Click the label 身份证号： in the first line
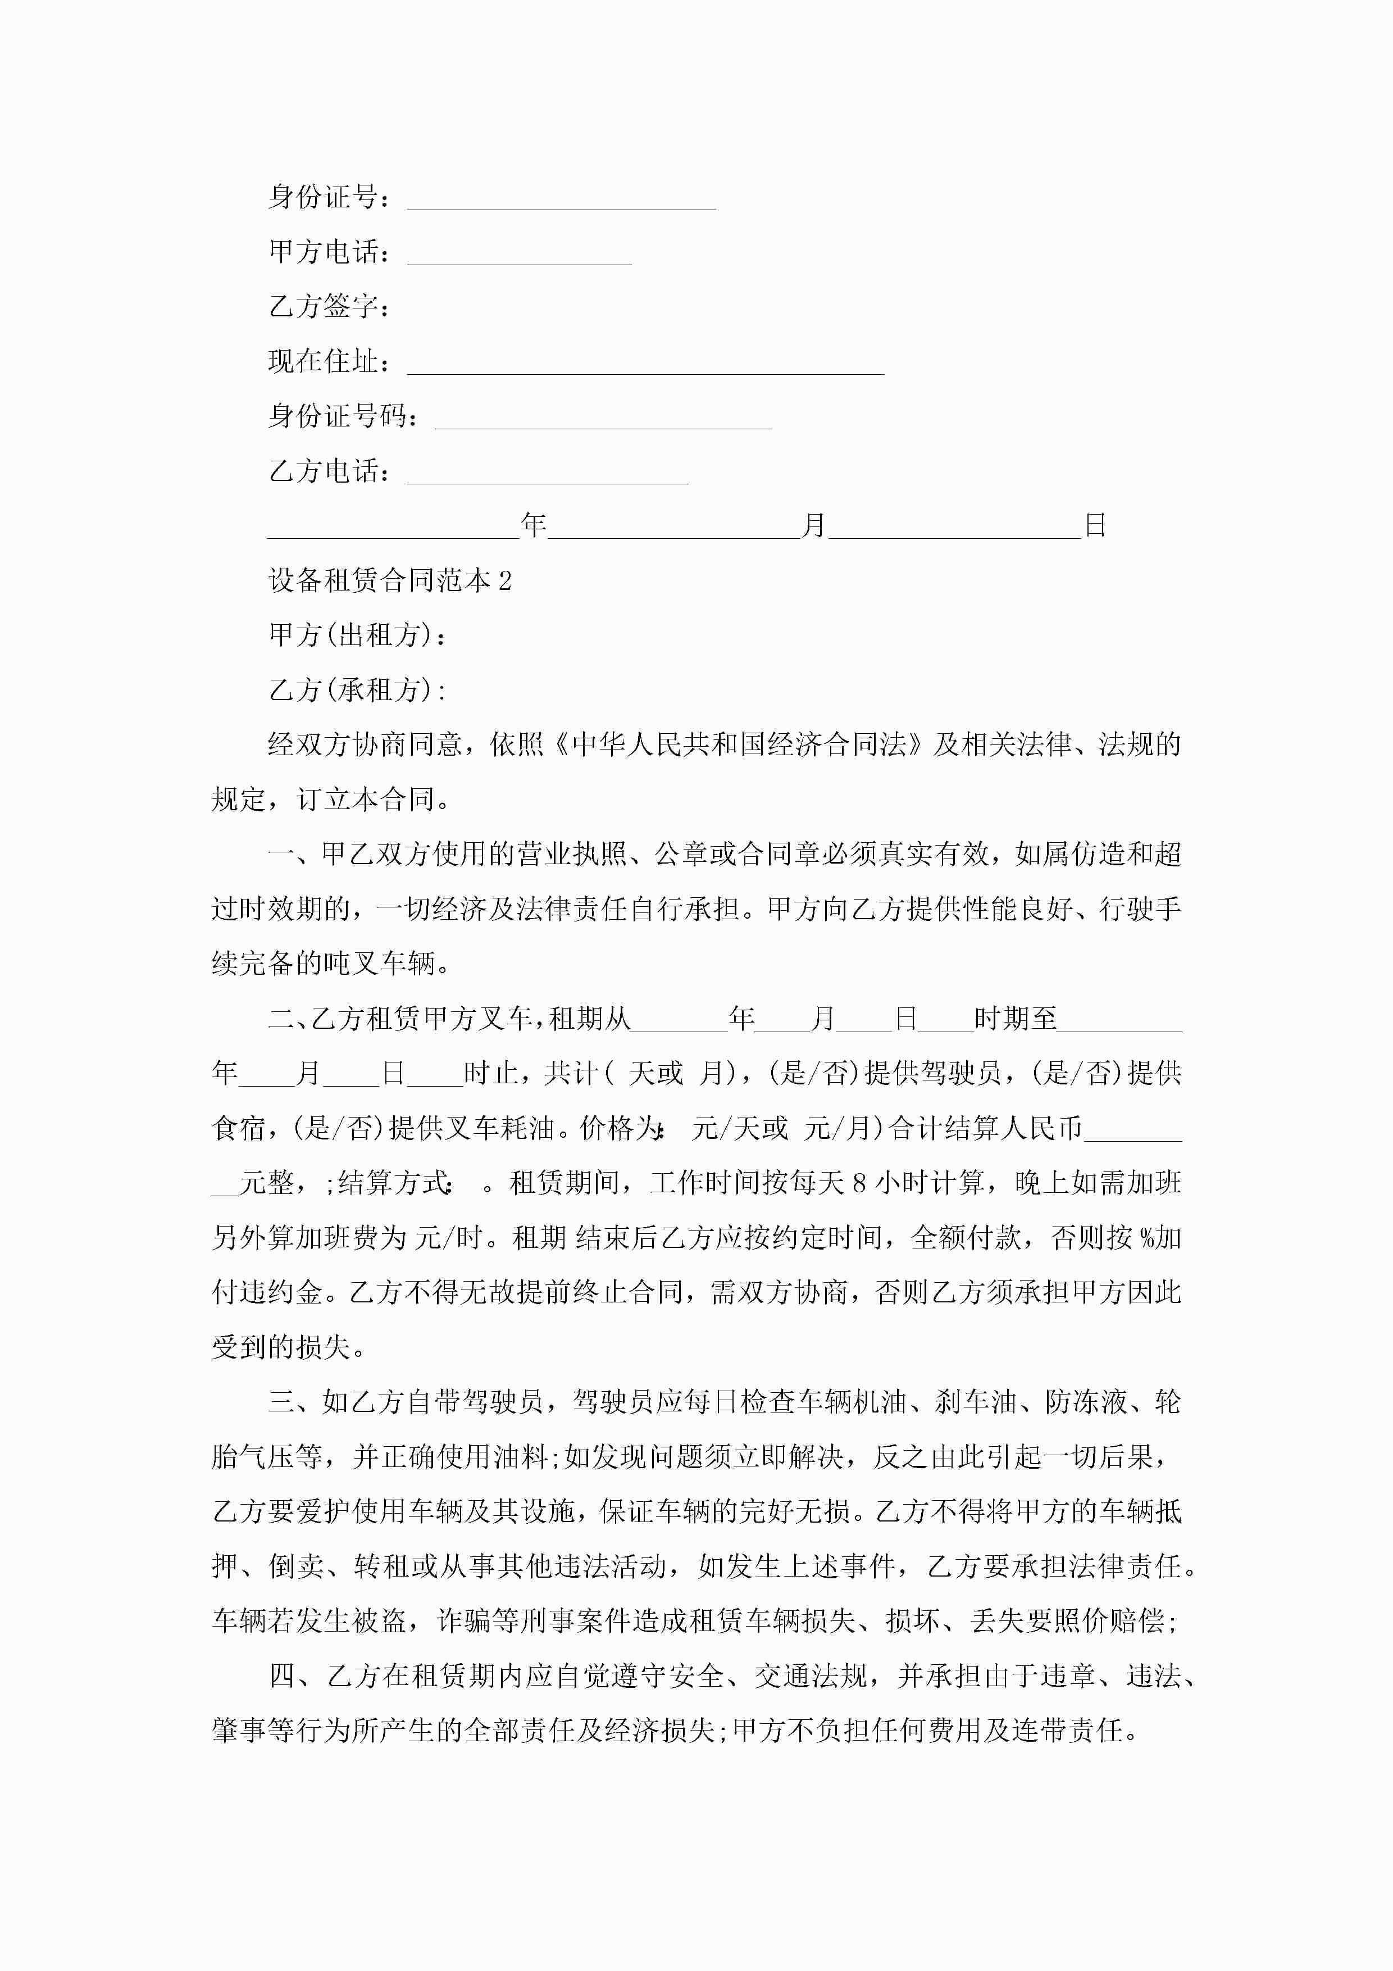coord(330,197)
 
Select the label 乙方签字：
coord(330,306)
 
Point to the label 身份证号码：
coord(343,416)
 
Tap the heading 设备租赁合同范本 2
coord(390,581)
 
